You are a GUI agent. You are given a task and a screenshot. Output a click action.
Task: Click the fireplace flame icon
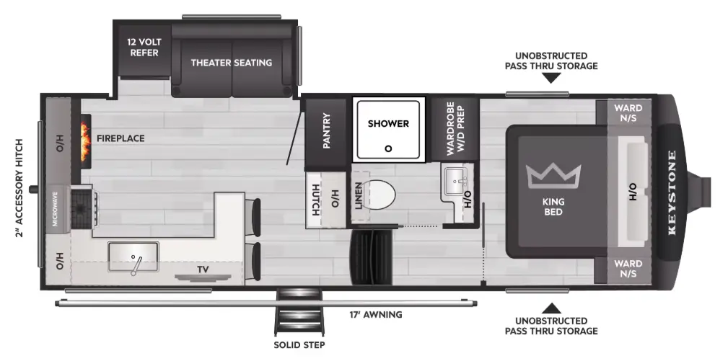tap(85, 141)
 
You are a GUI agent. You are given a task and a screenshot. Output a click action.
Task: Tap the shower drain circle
tap(388, 148)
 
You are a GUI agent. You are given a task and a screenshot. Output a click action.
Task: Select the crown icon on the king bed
tap(553, 175)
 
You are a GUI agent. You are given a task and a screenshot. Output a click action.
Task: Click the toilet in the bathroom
tap(378, 194)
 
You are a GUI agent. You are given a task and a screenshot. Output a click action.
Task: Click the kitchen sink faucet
tap(136, 266)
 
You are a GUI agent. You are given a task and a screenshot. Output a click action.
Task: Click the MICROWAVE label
tap(55, 209)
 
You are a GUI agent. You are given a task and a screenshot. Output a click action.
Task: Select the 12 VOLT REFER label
tap(144, 48)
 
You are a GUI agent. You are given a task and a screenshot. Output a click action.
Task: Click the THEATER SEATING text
tap(231, 63)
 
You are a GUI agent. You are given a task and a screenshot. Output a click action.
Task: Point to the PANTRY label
tap(326, 130)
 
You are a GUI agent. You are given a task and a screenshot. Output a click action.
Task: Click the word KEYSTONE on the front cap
tap(672, 193)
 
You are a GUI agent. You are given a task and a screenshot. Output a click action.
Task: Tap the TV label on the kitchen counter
tap(203, 269)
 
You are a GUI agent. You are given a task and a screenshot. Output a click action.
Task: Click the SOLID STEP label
tap(299, 344)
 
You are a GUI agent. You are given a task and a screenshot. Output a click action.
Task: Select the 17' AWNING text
tap(376, 315)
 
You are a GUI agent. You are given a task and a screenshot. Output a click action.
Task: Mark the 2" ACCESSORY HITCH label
tap(19, 188)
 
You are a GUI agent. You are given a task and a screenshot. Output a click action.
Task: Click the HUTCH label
tap(315, 200)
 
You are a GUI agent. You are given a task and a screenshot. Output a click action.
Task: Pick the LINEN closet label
tap(359, 195)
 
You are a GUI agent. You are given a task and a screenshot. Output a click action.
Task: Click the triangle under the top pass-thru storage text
tap(551, 78)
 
